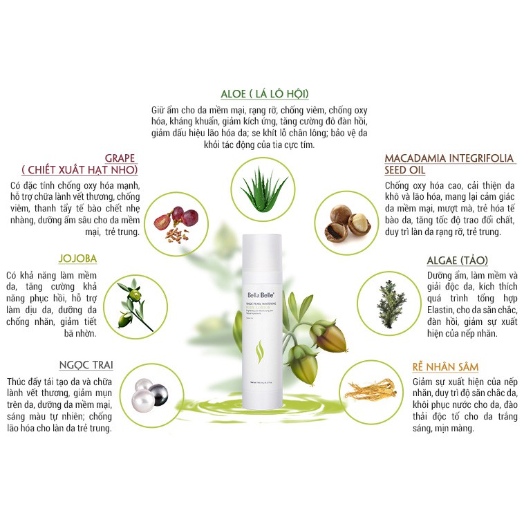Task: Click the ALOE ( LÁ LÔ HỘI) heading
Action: click(264, 94)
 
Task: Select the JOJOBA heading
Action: click(78, 259)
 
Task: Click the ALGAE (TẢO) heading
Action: click(457, 260)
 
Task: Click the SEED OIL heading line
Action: click(405, 170)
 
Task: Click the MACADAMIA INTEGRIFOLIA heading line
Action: click(449, 158)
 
